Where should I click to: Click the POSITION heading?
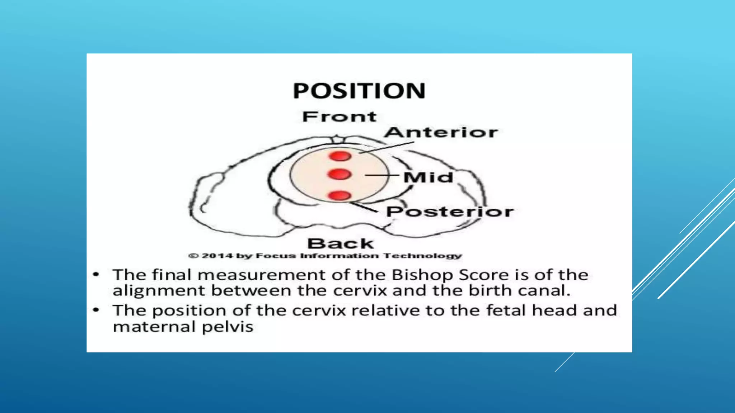359,91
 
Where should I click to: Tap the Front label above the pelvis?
339,117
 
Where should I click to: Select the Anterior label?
441,132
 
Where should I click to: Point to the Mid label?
428,177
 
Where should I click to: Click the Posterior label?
450,212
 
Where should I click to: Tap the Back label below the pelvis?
341,244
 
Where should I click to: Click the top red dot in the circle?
340,156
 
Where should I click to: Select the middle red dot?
339,174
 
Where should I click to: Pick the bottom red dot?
339,195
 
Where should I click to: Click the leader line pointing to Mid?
382,175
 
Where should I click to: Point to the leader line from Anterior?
387,147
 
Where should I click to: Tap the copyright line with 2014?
325,256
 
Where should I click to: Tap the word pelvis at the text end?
228,327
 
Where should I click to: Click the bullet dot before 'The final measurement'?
96,275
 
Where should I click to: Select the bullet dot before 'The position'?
96,310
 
